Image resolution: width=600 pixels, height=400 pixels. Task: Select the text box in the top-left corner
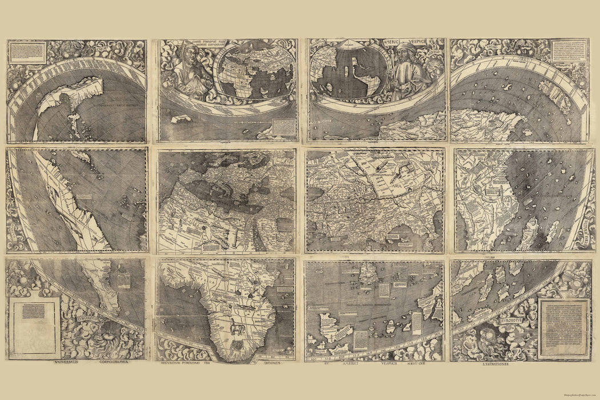(27, 52)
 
